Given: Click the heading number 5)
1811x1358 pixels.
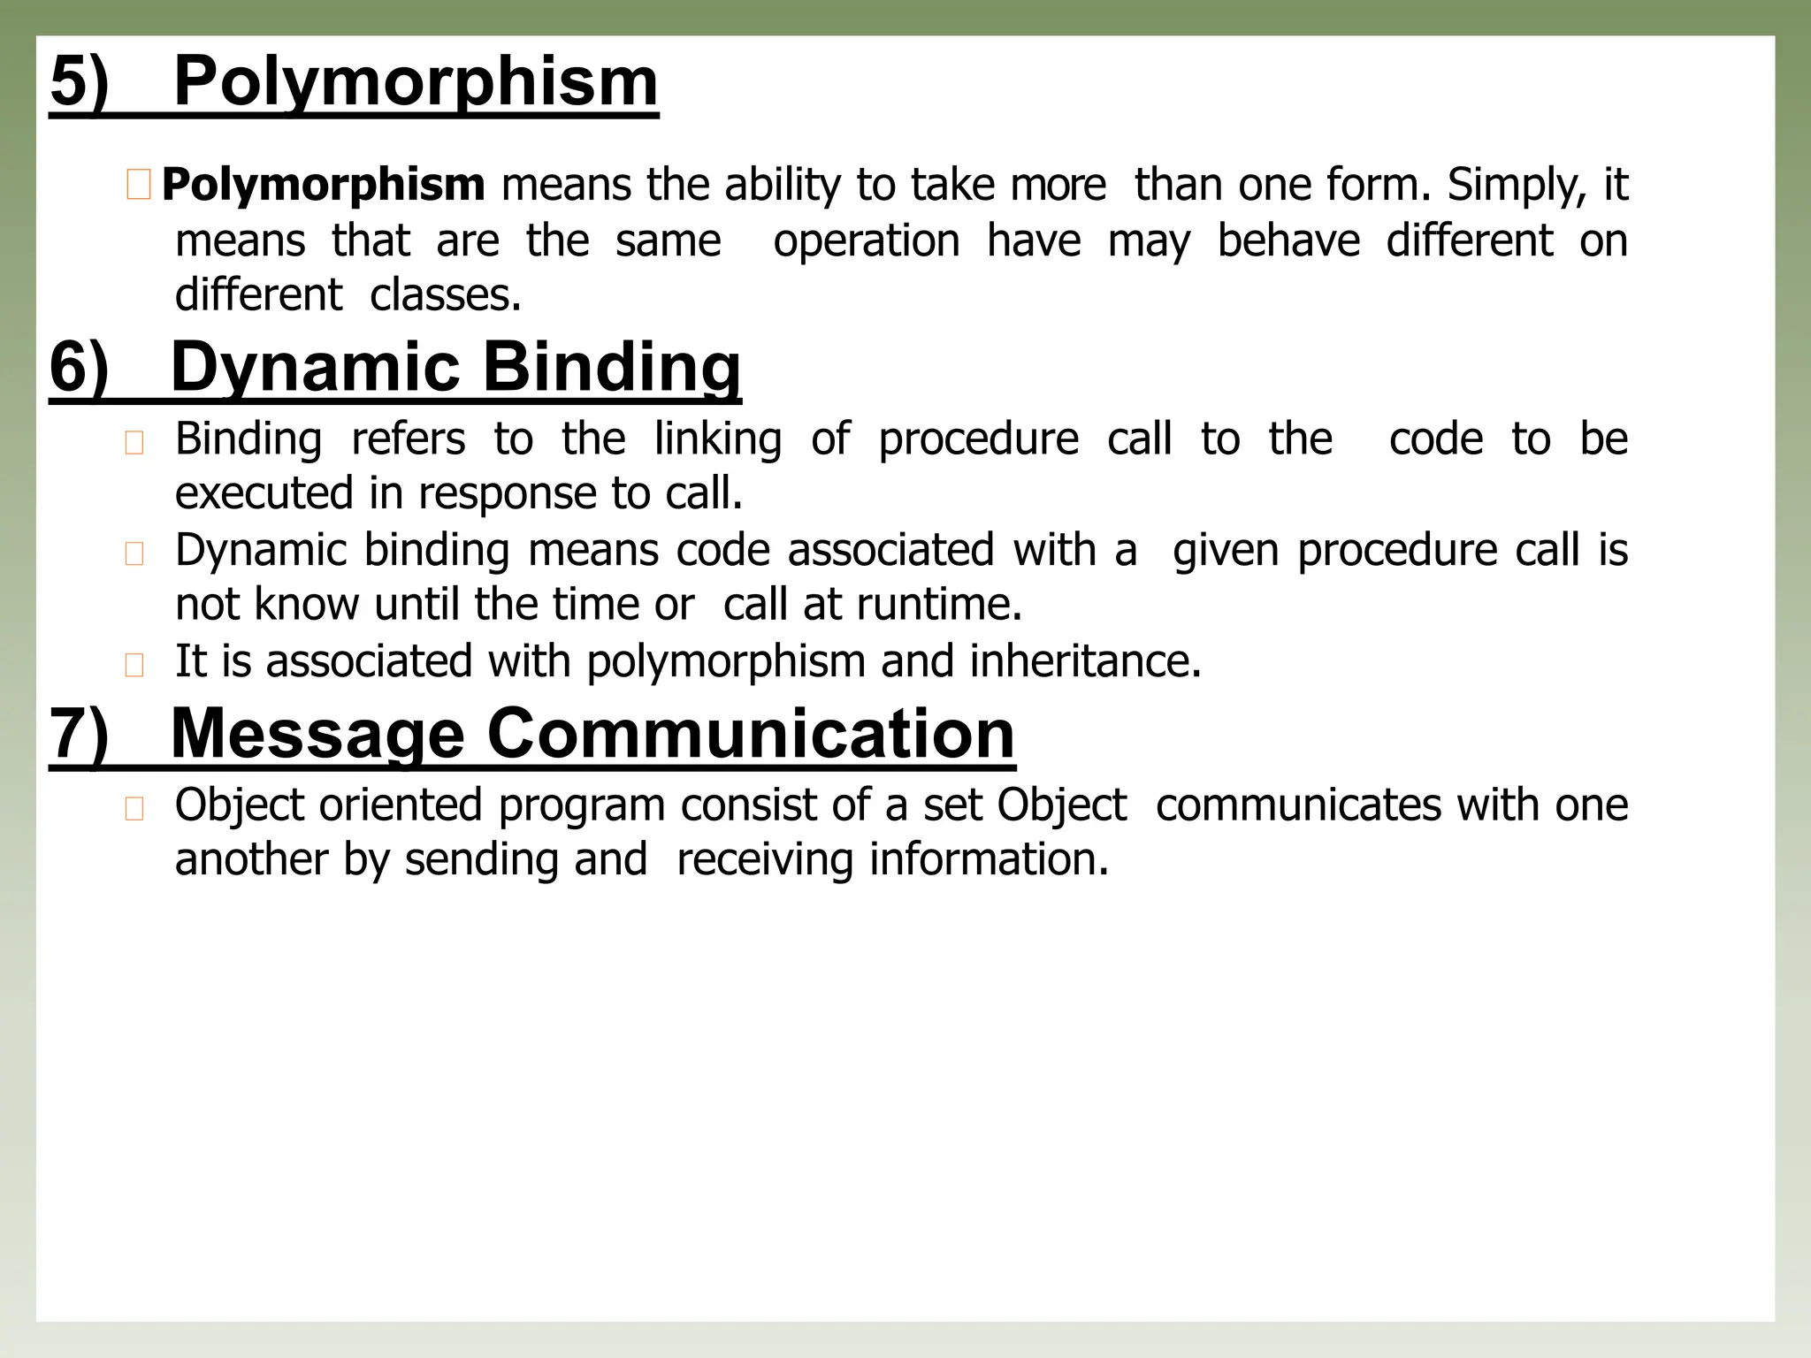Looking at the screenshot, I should (x=80, y=82).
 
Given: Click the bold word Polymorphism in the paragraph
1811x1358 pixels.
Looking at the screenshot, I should (x=324, y=186).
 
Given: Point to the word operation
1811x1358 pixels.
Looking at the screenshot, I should (x=867, y=240).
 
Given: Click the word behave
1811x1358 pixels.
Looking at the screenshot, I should (x=1288, y=240).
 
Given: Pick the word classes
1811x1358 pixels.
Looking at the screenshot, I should (x=445, y=295).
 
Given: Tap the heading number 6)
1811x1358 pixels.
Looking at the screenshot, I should (x=80, y=368).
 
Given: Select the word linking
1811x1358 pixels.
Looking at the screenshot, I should (x=718, y=439).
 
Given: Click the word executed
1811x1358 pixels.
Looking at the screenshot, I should (x=264, y=493).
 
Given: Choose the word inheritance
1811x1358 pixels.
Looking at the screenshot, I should (x=1085, y=661).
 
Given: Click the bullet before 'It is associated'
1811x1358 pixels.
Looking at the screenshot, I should (x=134, y=665).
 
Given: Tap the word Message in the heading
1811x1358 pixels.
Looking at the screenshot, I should (x=317, y=735).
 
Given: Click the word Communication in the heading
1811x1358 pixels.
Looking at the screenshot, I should (x=751, y=735).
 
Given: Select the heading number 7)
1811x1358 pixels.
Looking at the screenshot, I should (x=80, y=735).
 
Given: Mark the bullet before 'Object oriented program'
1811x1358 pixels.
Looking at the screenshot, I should (x=134, y=809).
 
